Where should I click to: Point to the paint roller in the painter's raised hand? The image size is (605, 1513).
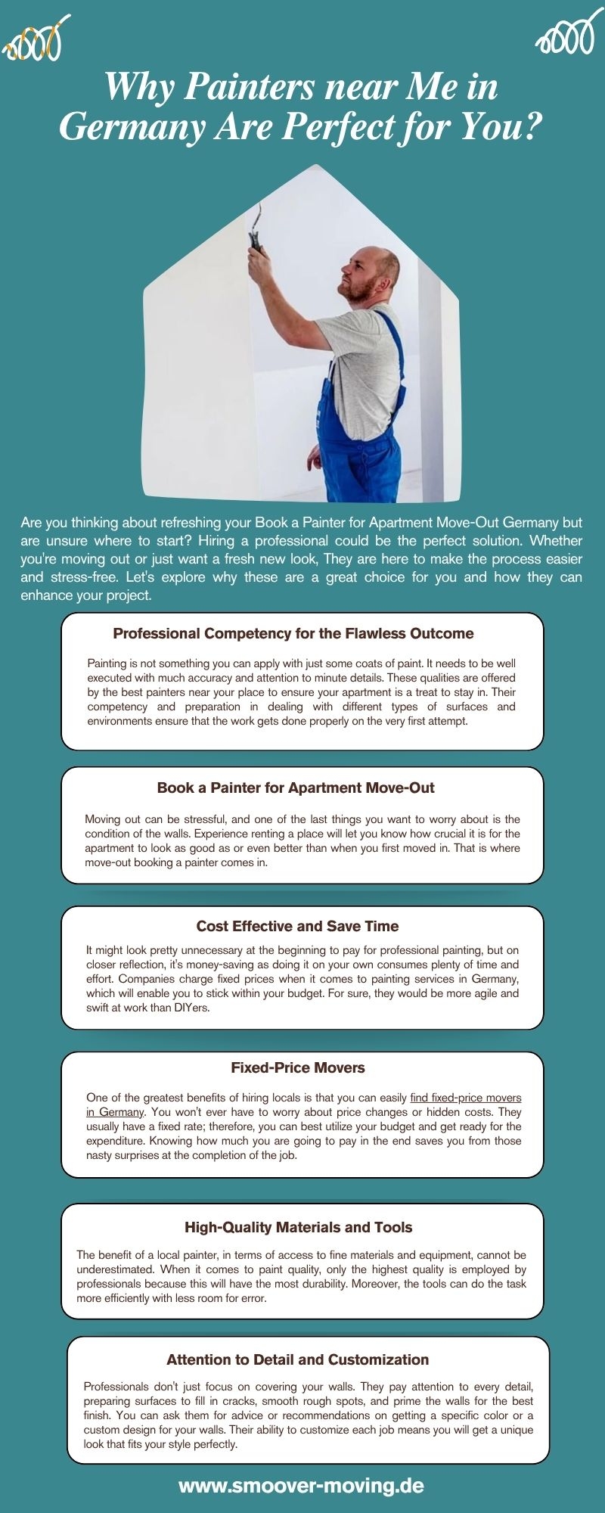tap(256, 227)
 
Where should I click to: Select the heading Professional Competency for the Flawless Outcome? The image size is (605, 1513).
tap(293, 634)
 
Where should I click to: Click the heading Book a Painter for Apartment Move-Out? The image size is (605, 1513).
tap(296, 788)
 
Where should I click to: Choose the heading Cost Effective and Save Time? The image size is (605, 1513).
tap(297, 926)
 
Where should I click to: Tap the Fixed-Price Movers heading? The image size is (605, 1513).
tap(298, 1067)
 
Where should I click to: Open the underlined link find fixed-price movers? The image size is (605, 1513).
tap(465, 1098)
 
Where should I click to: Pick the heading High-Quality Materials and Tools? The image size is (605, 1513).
tap(299, 1227)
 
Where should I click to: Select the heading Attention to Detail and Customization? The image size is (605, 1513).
tap(298, 1359)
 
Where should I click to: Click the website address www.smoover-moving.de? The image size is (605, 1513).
tap(301, 1486)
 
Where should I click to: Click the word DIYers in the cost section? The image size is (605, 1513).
tap(191, 1008)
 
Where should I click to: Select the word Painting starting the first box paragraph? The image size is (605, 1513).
tap(107, 663)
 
